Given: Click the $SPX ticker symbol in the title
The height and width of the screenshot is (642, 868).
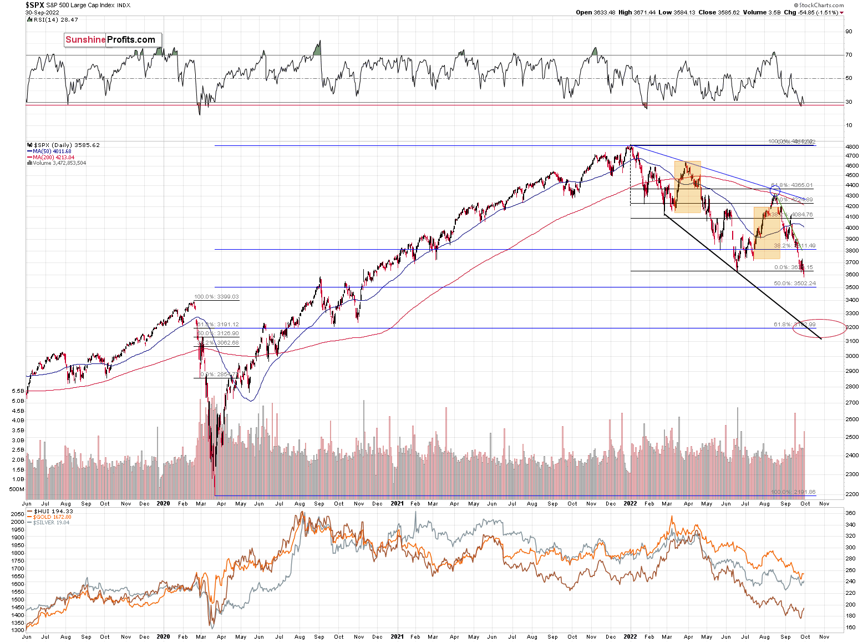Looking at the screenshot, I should (x=34, y=5).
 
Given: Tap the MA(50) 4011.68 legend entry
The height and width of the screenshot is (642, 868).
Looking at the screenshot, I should (x=52, y=151).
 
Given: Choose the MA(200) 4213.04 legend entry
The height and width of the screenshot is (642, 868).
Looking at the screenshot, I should (x=53, y=158).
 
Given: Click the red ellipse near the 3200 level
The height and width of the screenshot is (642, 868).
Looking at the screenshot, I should (x=819, y=328).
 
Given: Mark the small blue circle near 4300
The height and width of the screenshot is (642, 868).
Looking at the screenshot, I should (x=775, y=190).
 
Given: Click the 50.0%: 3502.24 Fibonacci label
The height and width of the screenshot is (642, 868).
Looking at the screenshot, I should (x=795, y=284).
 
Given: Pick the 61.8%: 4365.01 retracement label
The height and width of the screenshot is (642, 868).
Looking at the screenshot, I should (x=792, y=185).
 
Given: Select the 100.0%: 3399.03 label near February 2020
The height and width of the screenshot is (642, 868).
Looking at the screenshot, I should (x=216, y=297).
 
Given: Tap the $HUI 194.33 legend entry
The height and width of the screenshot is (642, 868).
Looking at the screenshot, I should (x=53, y=511).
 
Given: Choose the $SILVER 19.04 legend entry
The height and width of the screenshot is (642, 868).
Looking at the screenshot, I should (x=51, y=523).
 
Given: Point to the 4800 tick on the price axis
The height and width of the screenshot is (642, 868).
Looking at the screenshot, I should (x=852, y=146).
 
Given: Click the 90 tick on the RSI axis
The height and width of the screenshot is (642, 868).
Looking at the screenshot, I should (x=849, y=32).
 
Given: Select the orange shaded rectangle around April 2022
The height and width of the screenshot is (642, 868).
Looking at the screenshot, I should (x=687, y=187).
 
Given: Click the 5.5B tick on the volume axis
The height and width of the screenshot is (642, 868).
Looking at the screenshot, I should (x=18, y=391).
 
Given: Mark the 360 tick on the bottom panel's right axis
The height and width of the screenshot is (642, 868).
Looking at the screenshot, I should (x=850, y=513).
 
